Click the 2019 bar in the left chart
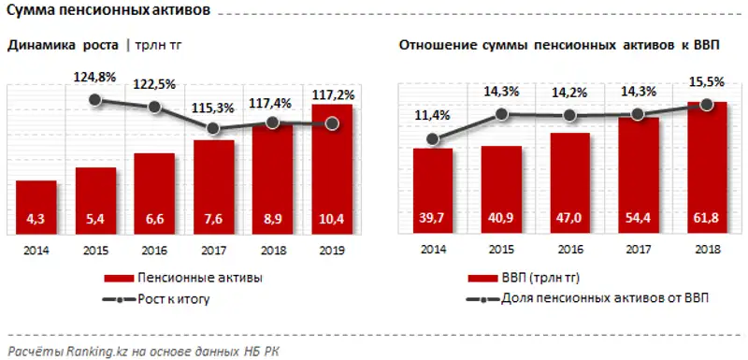pos(332,168)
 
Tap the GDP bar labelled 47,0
pos(568,183)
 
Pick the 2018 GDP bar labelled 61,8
pos(707,168)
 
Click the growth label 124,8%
pos(94,77)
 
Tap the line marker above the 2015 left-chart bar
pos(94,99)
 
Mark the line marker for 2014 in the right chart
pos(432,139)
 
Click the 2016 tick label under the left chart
pos(153,251)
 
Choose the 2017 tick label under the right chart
pos(638,251)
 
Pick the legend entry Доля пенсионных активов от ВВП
pos(589,299)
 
